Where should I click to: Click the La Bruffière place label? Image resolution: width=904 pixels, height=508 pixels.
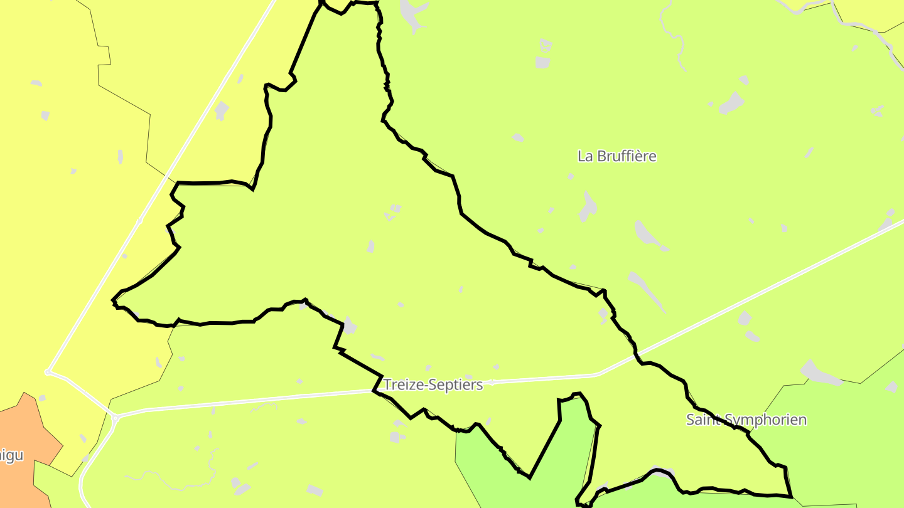click(616, 156)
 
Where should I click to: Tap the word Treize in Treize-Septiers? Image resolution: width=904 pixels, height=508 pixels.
click(401, 384)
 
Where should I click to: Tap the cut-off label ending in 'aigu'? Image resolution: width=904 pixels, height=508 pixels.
click(11, 455)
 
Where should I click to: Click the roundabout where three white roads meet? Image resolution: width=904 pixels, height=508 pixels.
click(115, 416)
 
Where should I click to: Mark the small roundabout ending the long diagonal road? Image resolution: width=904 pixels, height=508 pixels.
click(48, 372)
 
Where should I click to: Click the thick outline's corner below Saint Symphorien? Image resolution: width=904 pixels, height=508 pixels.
click(790, 496)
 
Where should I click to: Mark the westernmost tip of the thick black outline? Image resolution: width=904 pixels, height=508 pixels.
click(113, 301)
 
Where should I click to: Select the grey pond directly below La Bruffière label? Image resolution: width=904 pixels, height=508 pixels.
click(588, 207)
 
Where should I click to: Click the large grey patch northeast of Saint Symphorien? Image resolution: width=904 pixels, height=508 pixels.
click(819, 374)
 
